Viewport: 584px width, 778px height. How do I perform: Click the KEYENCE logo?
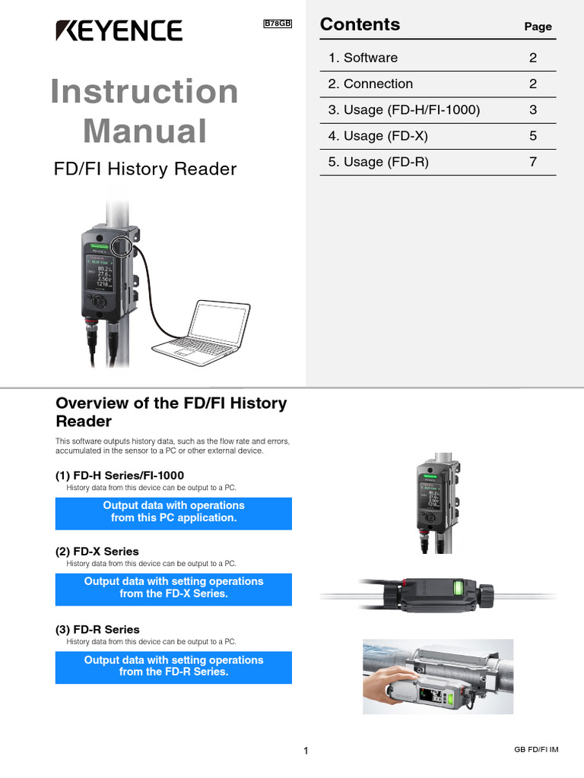coord(118,30)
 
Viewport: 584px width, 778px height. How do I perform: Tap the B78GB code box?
coord(278,24)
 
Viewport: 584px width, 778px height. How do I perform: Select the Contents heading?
coord(360,24)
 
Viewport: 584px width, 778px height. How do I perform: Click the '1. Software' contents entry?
coord(363,58)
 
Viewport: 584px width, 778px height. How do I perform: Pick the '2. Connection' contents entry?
coord(370,84)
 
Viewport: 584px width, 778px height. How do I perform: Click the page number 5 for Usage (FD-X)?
coord(533,136)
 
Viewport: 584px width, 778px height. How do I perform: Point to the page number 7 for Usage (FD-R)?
coord(533,162)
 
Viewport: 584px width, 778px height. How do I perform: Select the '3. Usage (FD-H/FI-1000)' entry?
coord(404,110)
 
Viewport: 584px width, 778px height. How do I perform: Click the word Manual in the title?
coord(144,131)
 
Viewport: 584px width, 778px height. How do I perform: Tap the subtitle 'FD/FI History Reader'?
coord(145,169)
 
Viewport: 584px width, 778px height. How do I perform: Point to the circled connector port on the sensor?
coord(121,246)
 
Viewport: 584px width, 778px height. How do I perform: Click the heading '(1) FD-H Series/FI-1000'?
coord(119,476)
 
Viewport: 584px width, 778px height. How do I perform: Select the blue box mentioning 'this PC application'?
coord(173,511)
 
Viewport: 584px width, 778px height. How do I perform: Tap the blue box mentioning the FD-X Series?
coord(173,587)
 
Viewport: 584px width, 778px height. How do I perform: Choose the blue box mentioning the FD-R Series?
coord(173,666)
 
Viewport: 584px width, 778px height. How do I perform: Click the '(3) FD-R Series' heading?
coord(97,630)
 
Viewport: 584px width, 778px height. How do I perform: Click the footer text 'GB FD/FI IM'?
coord(536,750)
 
